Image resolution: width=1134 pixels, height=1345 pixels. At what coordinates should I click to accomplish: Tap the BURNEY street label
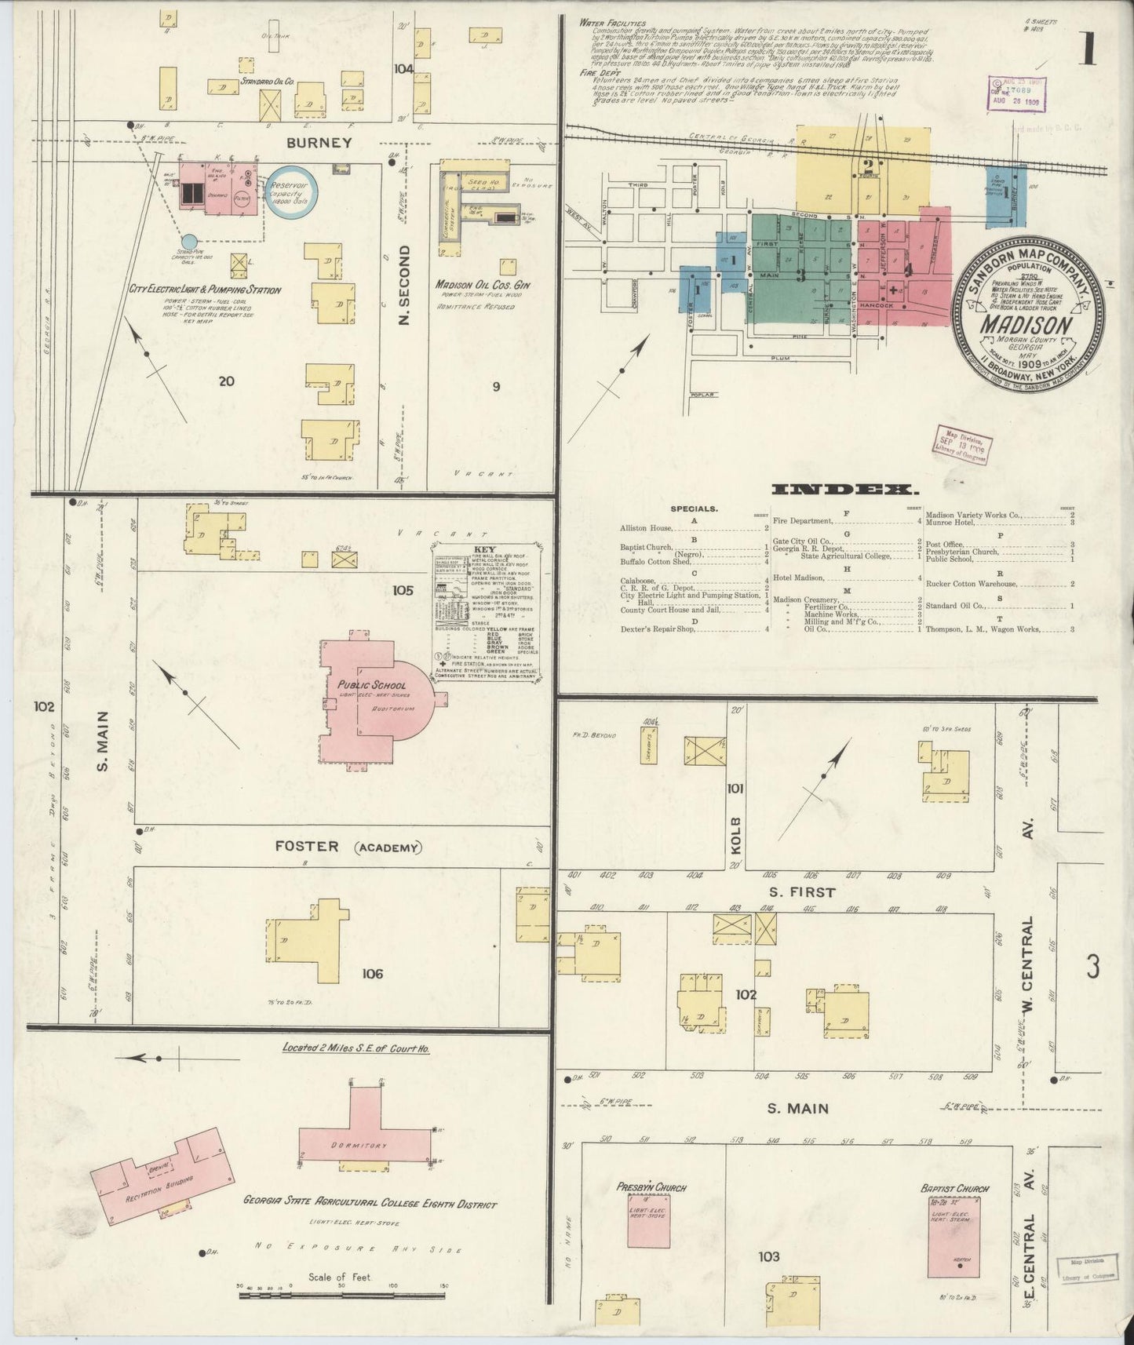pos(319,143)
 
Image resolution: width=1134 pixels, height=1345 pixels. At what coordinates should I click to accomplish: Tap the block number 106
pos(372,974)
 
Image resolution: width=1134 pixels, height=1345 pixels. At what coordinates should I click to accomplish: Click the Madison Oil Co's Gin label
pos(482,286)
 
